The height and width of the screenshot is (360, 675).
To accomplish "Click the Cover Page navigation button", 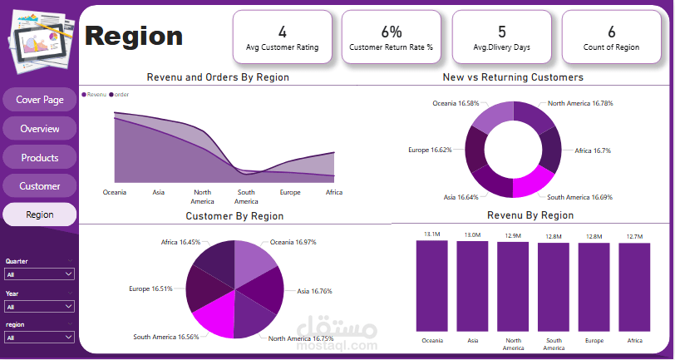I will coord(40,100).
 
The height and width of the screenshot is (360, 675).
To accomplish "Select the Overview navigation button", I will coord(40,129).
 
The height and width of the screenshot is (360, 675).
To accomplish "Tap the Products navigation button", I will coord(40,157).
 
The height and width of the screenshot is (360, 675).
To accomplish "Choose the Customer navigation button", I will coord(40,185).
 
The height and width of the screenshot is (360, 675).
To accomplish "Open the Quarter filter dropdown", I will coord(40,274).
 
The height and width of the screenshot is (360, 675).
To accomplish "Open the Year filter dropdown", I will coord(40,306).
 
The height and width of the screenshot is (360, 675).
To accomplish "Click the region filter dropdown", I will coord(40,337).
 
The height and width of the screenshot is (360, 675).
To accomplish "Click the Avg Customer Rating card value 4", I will coord(282,32).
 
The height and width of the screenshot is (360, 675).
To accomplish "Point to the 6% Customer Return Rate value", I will coord(392,32).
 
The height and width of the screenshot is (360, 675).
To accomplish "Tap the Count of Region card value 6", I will coord(612,32).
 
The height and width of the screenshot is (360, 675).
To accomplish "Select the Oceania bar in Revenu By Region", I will coord(431,287).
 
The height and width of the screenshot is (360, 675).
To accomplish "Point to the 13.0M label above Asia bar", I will coord(472,235).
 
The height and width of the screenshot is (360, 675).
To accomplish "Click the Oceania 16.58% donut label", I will coord(456,103).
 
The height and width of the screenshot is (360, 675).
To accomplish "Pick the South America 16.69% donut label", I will coord(579,197).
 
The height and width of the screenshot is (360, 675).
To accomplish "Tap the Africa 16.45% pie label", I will coord(180,243).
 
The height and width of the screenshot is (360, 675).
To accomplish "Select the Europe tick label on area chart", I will coord(290,192).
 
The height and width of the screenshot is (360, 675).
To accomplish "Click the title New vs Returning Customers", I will coord(513,76).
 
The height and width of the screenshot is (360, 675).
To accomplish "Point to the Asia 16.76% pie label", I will coord(315,291).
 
